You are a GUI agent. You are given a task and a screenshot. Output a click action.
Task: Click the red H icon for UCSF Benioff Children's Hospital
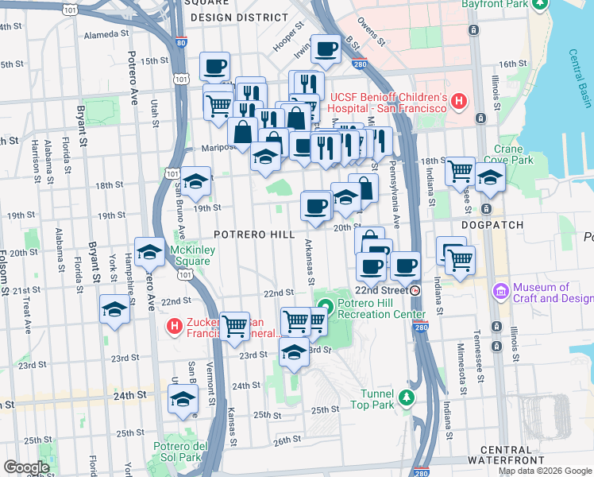(x=458, y=102)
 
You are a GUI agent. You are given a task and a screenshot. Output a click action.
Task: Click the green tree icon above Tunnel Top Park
(x=407, y=397)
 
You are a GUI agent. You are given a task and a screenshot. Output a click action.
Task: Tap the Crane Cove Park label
(x=514, y=153)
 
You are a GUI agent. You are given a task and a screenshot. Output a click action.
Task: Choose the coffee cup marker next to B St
(x=326, y=49)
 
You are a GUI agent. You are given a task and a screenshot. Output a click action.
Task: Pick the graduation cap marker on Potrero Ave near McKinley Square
(x=148, y=252)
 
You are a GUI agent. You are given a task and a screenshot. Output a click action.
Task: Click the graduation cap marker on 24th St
(x=183, y=399)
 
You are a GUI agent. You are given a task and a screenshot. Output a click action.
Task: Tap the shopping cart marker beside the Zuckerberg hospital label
(x=233, y=325)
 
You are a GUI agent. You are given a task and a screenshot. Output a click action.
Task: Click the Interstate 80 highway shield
(x=181, y=43)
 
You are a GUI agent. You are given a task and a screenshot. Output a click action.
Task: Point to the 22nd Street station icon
(x=415, y=290)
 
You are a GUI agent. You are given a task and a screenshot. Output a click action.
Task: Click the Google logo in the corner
(x=26, y=467)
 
